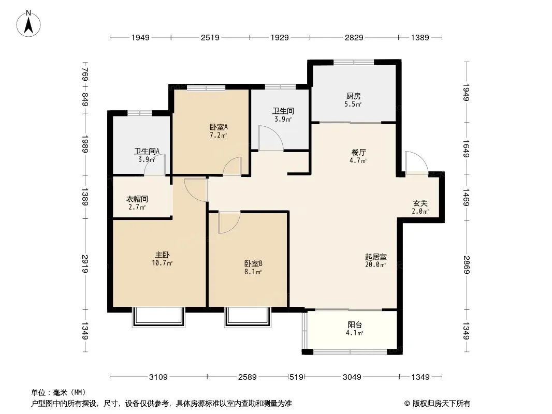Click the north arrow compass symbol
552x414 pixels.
(28, 24)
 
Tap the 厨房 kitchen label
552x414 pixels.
(354, 96)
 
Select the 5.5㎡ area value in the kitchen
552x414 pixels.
(353, 104)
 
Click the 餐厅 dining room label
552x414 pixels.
(359, 152)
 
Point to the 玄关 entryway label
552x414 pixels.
(420, 203)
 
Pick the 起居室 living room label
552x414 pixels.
(376, 257)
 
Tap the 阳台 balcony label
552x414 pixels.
(355, 325)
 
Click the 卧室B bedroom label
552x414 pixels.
(253, 263)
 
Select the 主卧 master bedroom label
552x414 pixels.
(162, 255)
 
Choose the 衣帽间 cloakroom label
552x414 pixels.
(137, 199)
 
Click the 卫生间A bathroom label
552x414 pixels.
(147, 151)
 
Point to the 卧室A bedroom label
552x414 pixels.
(219, 127)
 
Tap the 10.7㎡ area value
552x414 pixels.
(162, 263)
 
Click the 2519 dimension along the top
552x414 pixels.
(210, 37)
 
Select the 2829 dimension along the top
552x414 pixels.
(354, 37)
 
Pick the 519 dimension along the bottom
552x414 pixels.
(296, 377)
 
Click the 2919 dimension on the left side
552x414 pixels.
(85, 264)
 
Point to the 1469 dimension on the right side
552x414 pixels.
(466, 197)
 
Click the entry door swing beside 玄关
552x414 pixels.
(416, 162)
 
